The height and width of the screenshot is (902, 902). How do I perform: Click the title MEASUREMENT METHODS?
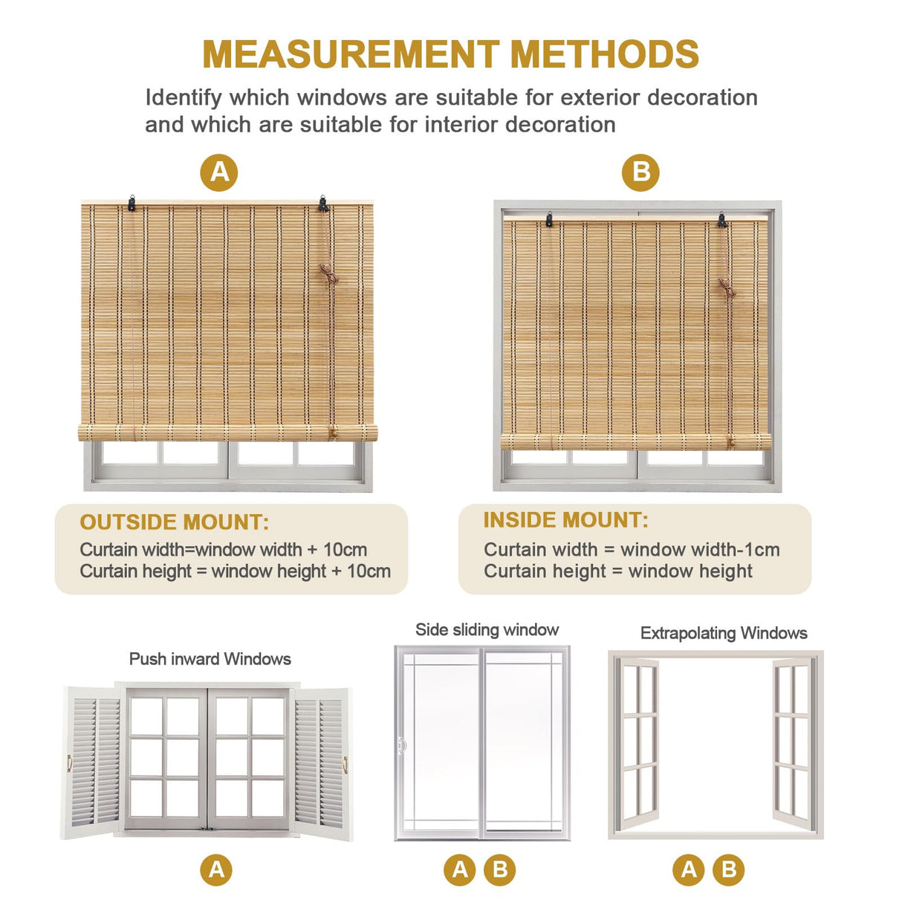(450, 54)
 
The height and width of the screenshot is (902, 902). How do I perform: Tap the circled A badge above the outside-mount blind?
(219, 172)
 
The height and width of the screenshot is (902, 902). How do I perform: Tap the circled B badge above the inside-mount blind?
(640, 172)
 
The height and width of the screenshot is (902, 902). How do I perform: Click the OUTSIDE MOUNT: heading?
(175, 522)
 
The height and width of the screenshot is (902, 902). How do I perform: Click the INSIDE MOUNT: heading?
(565, 520)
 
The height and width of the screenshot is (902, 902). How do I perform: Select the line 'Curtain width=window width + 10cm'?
(224, 550)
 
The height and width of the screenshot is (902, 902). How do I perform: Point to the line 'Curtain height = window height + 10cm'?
(235, 571)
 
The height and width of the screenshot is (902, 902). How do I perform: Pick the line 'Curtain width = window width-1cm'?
(632, 550)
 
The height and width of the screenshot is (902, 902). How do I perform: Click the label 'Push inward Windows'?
(210, 659)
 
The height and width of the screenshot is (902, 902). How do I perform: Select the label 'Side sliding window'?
(487, 630)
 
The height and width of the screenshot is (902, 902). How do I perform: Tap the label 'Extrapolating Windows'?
(724, 633)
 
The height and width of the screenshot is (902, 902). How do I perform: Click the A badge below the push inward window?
(216, 869)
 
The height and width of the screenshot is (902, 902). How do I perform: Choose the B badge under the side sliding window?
(500, 869)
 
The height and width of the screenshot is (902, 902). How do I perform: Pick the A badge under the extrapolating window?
(689, 869)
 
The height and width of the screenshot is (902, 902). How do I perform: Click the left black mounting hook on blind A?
(132, 203)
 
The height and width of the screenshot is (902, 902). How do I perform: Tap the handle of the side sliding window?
(402, 744)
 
